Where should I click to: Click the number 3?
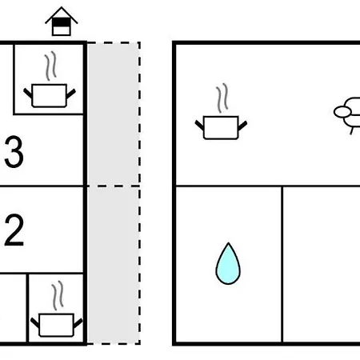14,152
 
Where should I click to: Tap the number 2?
14,230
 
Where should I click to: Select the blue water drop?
228,264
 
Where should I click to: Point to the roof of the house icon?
62,15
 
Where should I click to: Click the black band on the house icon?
62,22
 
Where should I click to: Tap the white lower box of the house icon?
62,30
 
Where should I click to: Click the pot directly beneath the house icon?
50,95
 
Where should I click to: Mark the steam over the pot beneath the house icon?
50,66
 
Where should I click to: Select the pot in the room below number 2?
57,325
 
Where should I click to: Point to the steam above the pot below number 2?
58,295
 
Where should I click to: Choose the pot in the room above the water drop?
221,127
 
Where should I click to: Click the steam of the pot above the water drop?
222,98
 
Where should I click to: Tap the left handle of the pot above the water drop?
199,125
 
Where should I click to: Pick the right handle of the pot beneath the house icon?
71,94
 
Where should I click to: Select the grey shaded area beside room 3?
114,114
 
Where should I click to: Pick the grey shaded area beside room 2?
114,265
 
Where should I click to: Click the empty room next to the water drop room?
322,264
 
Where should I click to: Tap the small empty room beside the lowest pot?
13,308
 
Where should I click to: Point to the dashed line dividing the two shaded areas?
114,186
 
